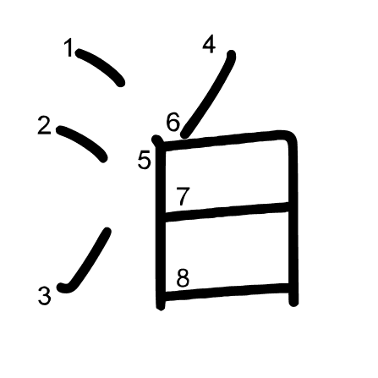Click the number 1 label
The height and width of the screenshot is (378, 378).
click(69, 48)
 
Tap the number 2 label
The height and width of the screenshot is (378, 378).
click(44, 125)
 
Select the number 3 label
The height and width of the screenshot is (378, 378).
click(45, 296)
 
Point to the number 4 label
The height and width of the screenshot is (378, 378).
click(209, 44)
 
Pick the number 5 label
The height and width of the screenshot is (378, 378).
click(145, 160)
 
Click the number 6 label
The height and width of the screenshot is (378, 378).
click(173, 122)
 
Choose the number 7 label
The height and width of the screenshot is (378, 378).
click(183, 196)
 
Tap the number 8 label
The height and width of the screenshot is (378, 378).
click(183, 277)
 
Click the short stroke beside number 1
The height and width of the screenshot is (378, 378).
click(101, 65)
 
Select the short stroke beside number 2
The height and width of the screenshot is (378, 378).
click(83, 142)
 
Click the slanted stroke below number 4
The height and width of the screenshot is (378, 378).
click(210, 95)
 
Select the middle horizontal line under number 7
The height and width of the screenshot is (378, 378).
click(227, 212)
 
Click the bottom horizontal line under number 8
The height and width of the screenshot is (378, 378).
click(227, 293)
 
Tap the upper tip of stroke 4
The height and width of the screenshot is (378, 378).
click(232, 54)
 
